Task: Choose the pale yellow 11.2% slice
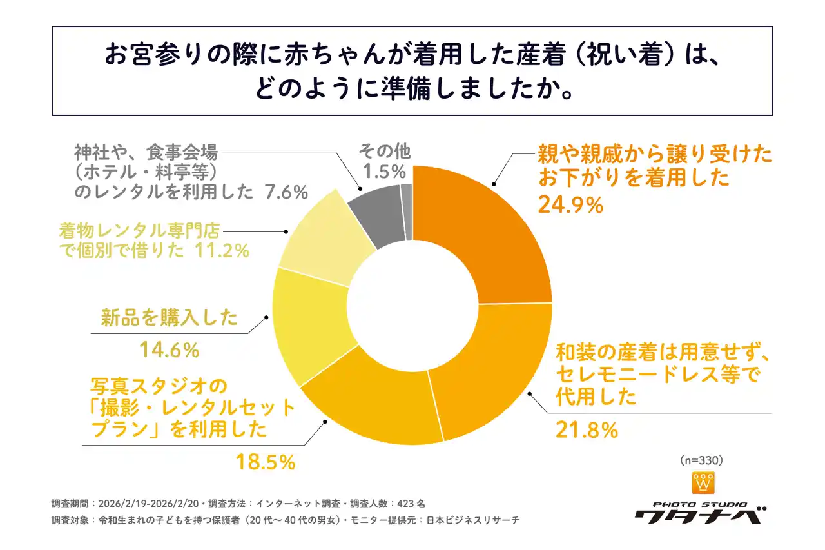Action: click(319, 242)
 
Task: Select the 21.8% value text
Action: click(587, 429)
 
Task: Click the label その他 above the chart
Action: click(384, 152)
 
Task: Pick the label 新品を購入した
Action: click(170, 318)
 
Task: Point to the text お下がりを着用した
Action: click(635, 178)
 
